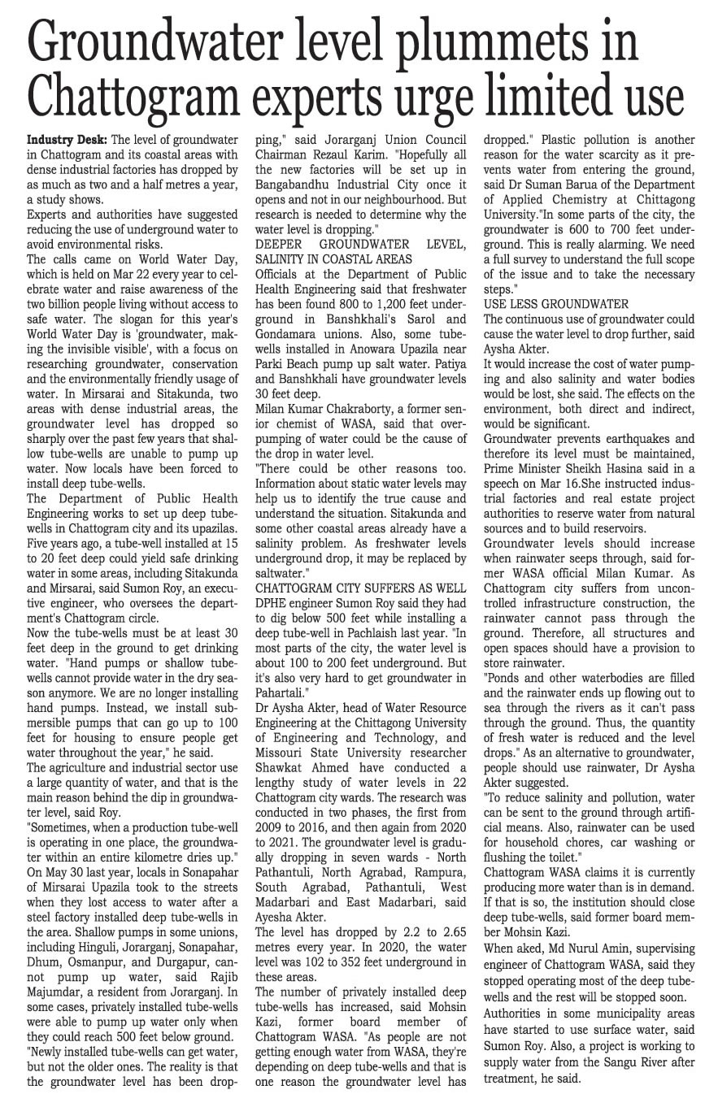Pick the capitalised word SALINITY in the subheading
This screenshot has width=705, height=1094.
[285, 258]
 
